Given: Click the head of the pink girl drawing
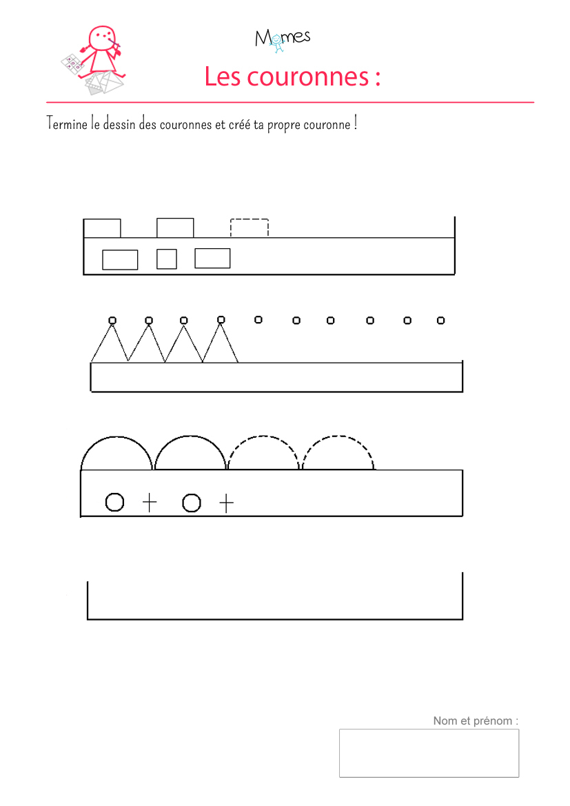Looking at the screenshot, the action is point(102,37).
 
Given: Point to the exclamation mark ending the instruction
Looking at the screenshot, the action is point(355,123).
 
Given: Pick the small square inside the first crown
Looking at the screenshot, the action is point(167,259).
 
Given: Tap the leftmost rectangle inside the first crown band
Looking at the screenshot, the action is point(120,259).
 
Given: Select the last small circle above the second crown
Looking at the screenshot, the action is point(440,320).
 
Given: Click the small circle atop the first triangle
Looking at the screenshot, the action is point(112,320).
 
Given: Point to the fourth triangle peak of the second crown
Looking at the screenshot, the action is point(221,324).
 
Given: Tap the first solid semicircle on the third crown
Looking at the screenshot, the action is point(116,437).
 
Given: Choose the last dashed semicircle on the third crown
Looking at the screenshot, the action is point(338,436).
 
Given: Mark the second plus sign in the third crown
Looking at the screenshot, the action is point(226,503).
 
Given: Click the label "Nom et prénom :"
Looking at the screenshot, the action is point(476,721).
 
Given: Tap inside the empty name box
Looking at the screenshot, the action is point(429,753).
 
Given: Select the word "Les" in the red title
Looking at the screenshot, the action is point(222,77).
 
